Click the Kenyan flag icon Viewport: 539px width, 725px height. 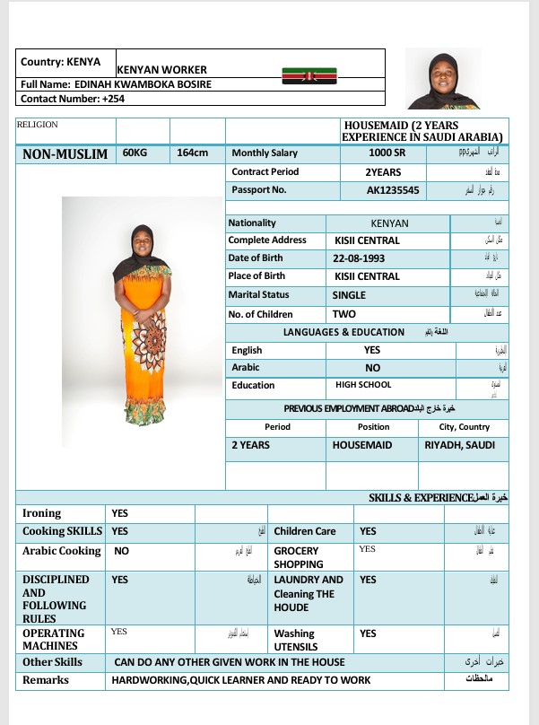point(309,74)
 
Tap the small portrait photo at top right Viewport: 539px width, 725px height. point(443,79)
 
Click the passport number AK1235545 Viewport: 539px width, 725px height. point(393,190)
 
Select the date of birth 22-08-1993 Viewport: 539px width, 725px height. point(360,258)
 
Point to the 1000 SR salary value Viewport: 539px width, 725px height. point(367,153)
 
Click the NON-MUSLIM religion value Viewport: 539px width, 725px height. point(65,153)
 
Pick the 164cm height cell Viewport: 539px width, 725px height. point(192,153)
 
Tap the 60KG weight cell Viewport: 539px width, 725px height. point(135,153)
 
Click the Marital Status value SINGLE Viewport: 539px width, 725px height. point(350,295)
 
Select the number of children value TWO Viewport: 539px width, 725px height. point(344,314)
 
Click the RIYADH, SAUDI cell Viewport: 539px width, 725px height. point(460,445)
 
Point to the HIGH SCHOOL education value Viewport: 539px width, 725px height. point(363,385)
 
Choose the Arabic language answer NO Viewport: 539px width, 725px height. point(372,368)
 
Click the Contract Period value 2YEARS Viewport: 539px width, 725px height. point(382,171)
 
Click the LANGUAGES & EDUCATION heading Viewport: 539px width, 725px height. point(343,332)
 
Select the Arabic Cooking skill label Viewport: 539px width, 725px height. point(61,551)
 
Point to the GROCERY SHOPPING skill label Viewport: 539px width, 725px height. point(298,557)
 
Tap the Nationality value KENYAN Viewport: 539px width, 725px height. point(389,223)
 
